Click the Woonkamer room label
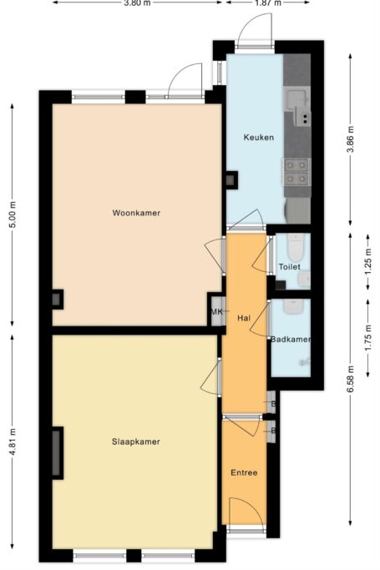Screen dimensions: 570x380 (136, 213)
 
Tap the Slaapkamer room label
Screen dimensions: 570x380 (136, 441)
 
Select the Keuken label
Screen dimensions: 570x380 (258, 138)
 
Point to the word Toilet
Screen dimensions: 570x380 (289, 267)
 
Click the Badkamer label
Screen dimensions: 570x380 (291, 339)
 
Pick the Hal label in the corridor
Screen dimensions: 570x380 (244, 318)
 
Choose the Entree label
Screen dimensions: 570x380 (244, 473)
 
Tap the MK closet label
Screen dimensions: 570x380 (216, 312)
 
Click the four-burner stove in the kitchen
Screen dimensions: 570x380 (296, 171)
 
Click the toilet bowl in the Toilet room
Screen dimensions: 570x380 (294, 248)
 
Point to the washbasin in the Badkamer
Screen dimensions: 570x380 (294, 307)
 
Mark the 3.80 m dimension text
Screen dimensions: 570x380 (137, 3)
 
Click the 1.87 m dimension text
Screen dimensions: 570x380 (267, 3)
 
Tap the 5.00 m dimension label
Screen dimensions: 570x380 (12, 216)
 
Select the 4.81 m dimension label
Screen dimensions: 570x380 (12, 446)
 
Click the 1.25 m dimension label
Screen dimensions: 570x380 (368, 260)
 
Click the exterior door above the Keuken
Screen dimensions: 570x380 (251, 33)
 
